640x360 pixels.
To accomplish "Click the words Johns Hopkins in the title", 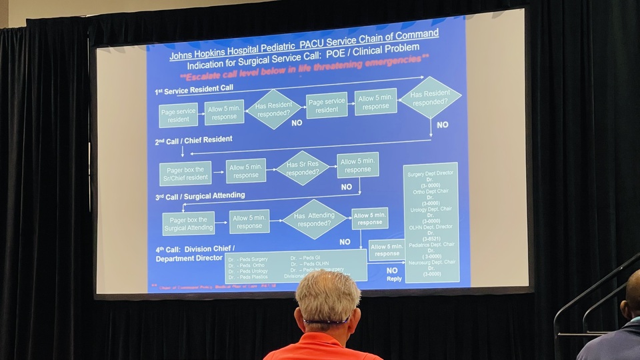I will [195, 54].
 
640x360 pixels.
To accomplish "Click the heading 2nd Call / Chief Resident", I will [194, 141].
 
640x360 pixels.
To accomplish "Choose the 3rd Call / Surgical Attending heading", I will [201, 197].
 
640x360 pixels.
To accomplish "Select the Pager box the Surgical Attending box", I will [189, 223].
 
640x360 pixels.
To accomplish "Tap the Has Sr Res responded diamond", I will [303, 167].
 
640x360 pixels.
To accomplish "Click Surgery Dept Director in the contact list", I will [431, 175].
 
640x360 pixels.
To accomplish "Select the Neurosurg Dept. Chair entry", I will [431, 263].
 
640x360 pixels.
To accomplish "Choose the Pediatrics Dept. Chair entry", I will [431, 245].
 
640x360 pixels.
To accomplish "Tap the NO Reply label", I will [393, 274].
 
